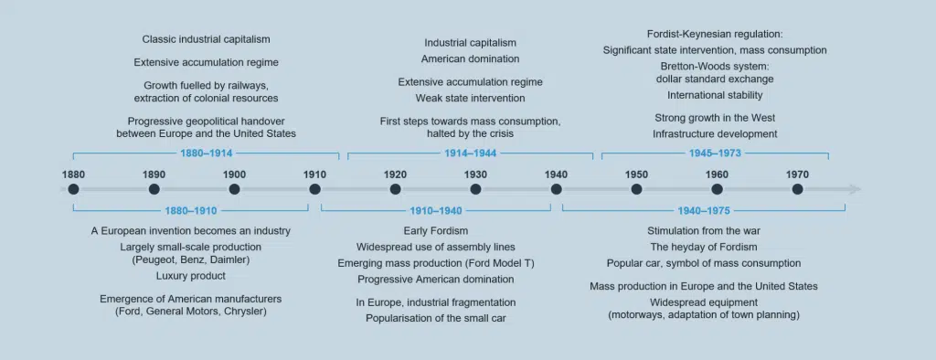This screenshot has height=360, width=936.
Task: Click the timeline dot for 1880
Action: click(73, 189)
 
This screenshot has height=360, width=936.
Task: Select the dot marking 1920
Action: click(395, 189)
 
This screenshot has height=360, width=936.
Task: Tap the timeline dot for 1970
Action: click(797, 189)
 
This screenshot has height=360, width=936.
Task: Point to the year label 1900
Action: click(235, 175)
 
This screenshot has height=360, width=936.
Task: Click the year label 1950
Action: click(636, 175)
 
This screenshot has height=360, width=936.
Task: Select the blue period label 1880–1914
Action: click(206, 154)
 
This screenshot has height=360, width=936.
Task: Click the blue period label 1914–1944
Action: click(471, 154)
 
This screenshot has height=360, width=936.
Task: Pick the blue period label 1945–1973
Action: click(715, 154)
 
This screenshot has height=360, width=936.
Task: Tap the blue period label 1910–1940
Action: click(435, 211)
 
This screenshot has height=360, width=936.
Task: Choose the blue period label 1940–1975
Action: click(704, 211)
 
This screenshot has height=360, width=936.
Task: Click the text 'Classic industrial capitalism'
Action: click(206, 39)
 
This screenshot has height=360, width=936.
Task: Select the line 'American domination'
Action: click(471, 58)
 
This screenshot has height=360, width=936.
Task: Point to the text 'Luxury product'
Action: click(191, 276)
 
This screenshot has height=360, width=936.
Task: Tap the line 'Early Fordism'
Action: click(436, 230)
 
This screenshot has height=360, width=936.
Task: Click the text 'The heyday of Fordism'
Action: click(704, 247)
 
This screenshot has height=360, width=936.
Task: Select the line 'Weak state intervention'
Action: click(471, 98)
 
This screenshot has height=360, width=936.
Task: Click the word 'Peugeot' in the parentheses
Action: click(153, 259)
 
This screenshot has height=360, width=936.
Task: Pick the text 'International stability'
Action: click(715, 95)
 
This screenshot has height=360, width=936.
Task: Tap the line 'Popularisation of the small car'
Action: click(436, 318)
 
